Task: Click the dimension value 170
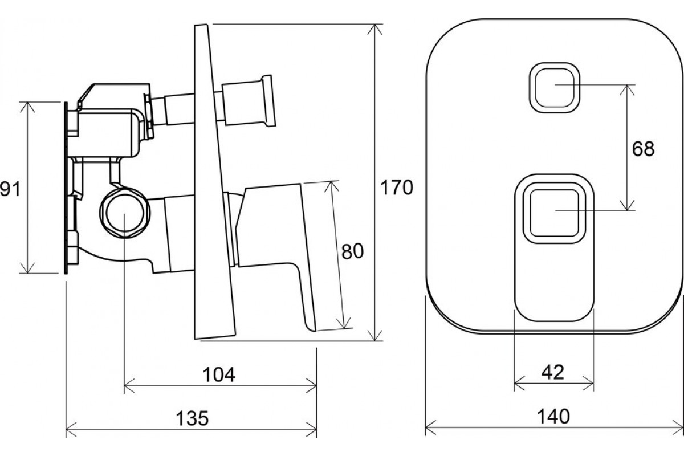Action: pos(397,188)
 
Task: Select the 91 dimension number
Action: pos(10,189)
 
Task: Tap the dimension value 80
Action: pos(352,251)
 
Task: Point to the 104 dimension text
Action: pos(219,374)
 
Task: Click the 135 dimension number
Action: pos(193,418)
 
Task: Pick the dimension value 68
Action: pos(643,149)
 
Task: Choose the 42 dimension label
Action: pos(553,372)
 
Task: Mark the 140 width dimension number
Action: pos(553,416)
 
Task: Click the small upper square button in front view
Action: pos(554,88)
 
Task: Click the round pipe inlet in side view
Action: pos(125,213)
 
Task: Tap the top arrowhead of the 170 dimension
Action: pos(374,30)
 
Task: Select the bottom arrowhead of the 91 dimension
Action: pos(27,267)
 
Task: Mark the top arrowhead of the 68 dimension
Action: pos(627,90)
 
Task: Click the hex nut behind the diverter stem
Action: pos(149,116)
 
